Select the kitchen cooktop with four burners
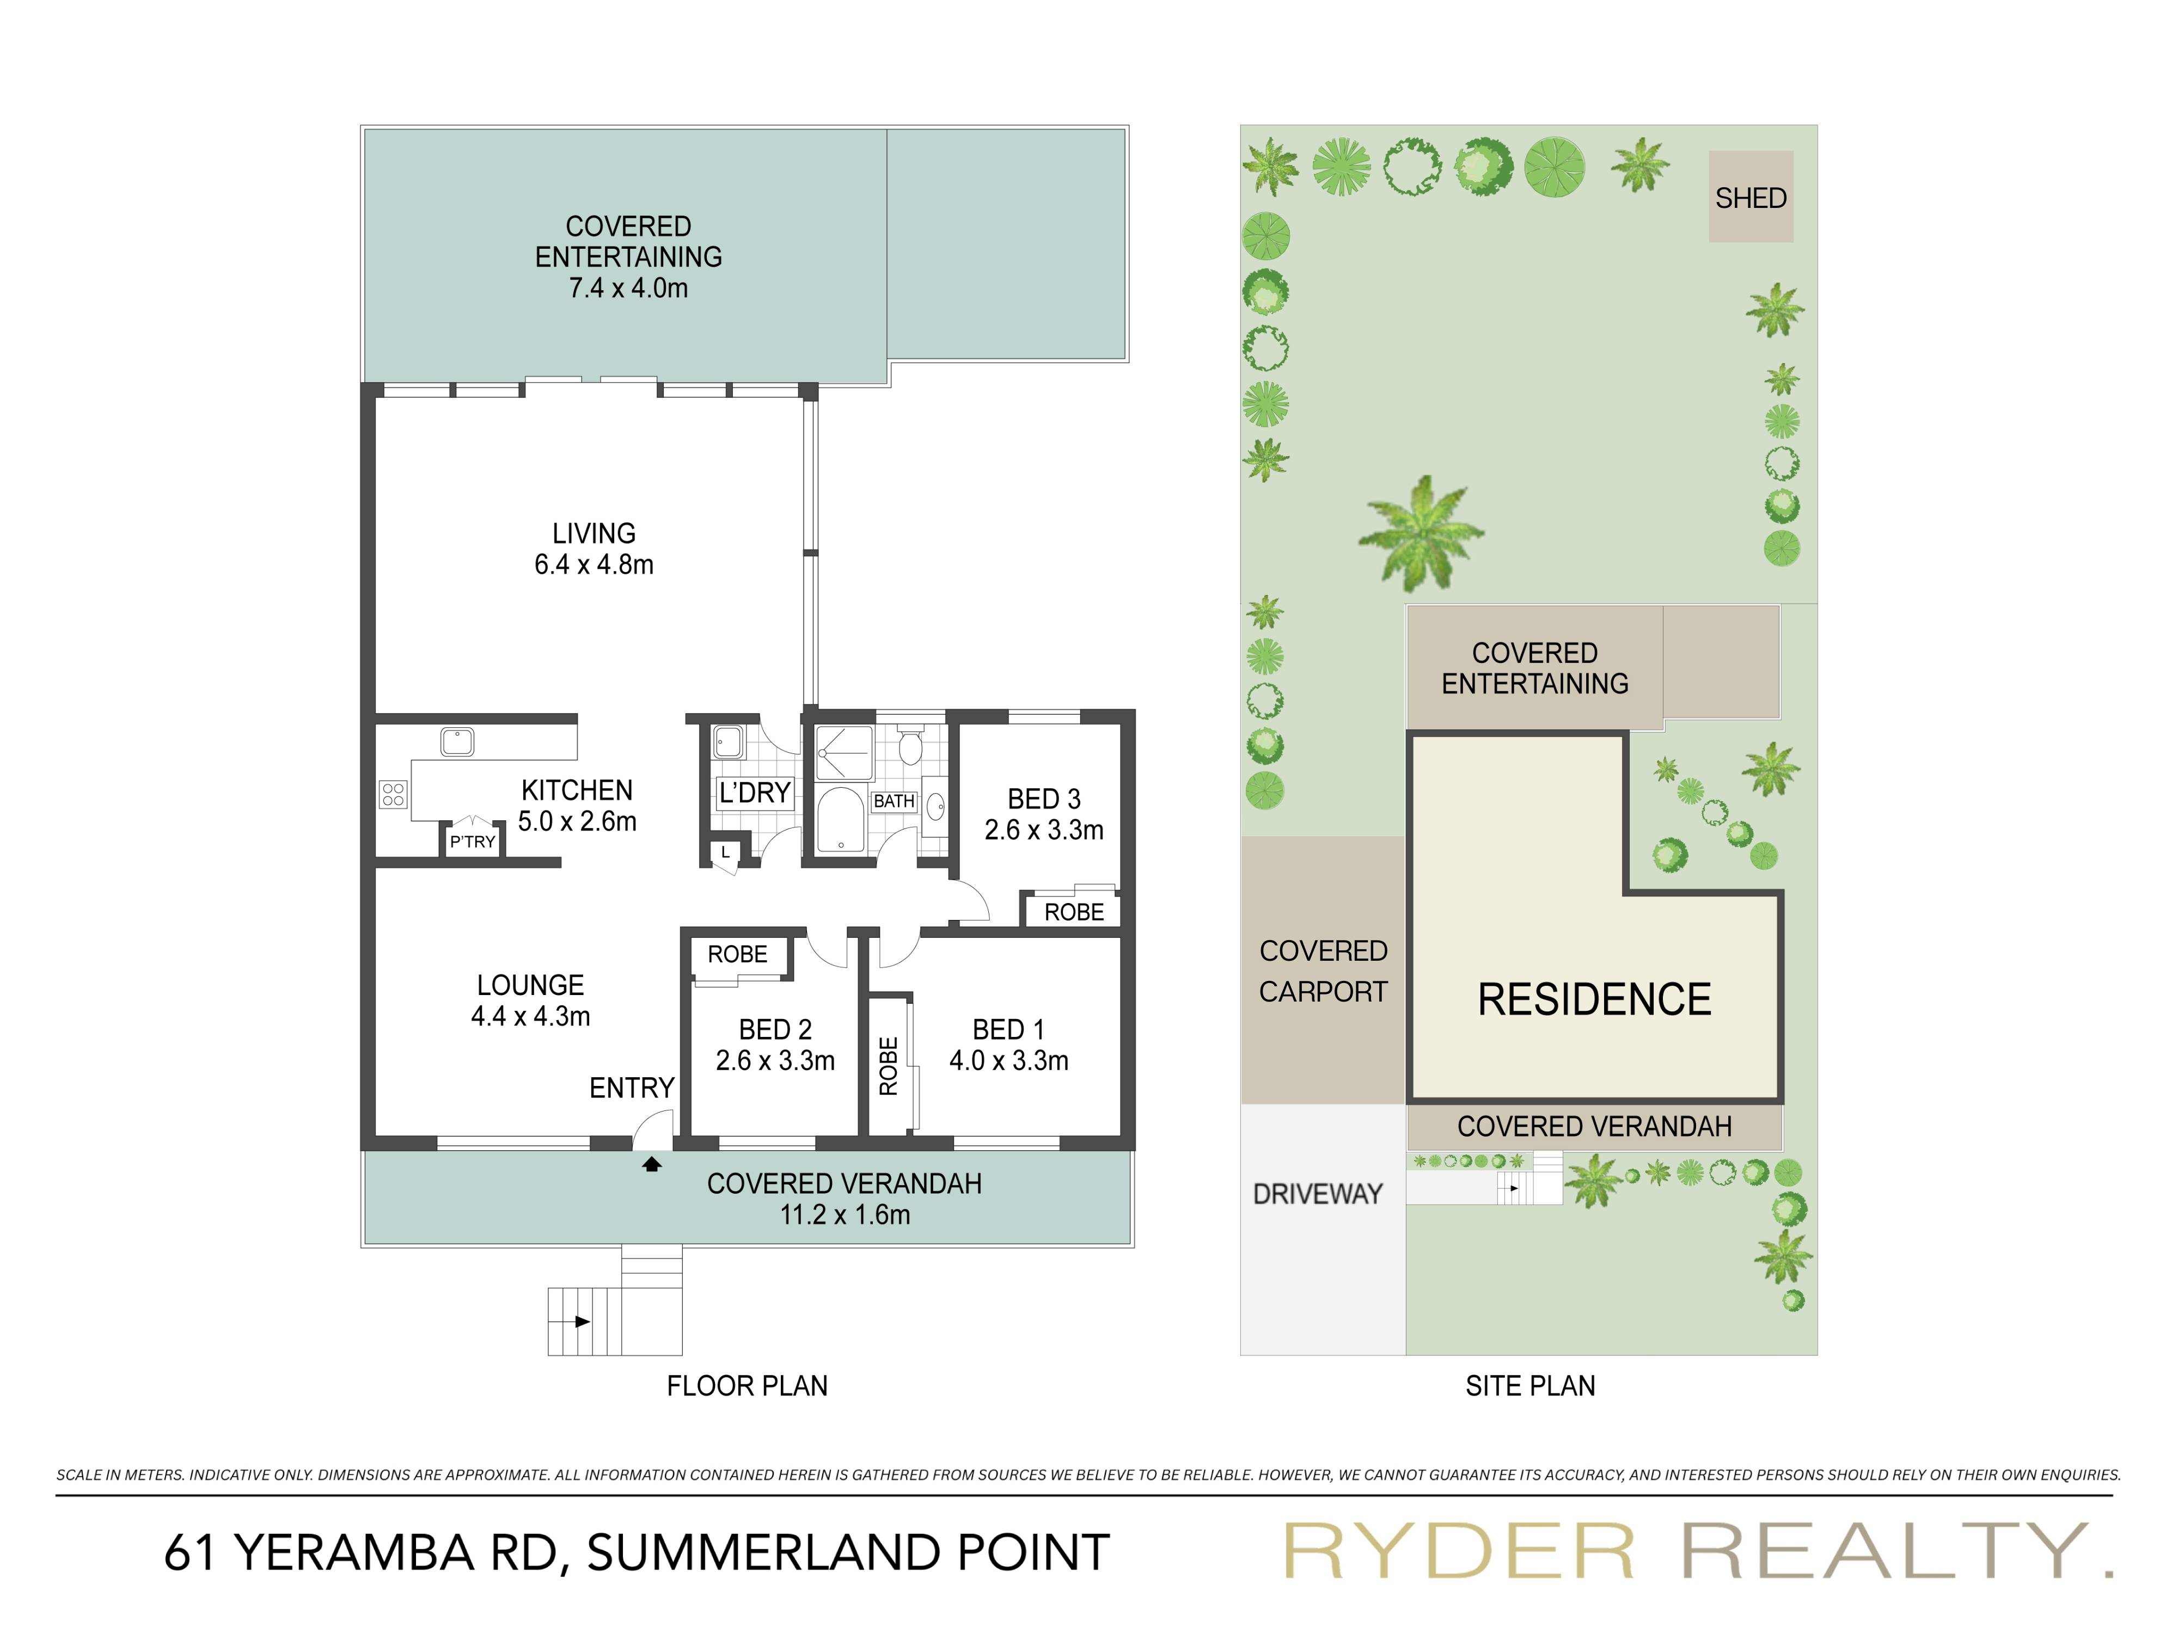pos(393,794)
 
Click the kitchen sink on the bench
pos(457,741)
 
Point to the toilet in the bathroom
pos(910,748)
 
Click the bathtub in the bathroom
pos(840,819)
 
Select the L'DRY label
pos(754,793)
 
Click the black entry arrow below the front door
pos(652,1164)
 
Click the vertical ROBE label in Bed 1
pos(888,1065)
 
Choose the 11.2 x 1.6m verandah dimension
pos(845,1214)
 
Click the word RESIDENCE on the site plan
pos(1594,999)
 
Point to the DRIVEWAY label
pos(1318,1194)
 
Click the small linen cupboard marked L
pos(726,852)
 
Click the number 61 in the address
pos(191,1552)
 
